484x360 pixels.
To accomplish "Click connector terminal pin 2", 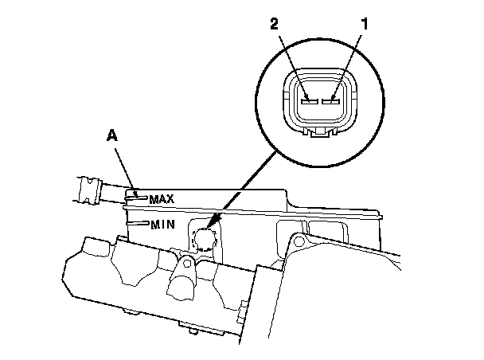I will click(310, 102).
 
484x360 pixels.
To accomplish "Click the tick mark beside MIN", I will click(138, 224).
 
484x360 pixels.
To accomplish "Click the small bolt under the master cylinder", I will click(191, 328).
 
